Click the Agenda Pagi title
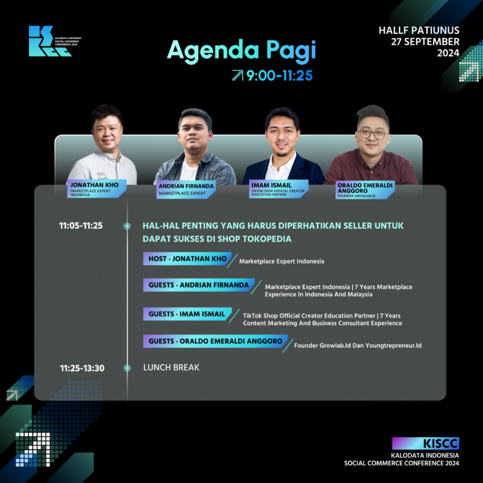[241, 50]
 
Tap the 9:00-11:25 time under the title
[279, 75]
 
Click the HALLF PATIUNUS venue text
[419, 30]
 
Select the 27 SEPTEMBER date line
[425, 42]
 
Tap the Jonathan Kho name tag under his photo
[96, 189]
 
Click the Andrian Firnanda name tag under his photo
[186, 189]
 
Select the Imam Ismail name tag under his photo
[279, 189]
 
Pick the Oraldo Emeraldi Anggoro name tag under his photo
[365, 190]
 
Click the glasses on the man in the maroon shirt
[372, 135]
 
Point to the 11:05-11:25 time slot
[80, 226]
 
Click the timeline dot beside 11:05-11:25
[127, 226]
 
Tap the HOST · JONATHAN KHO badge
[187, 258]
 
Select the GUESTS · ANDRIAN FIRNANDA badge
[199, 285]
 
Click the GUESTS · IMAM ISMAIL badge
[187, 314]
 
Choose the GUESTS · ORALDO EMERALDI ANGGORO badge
[215, 341]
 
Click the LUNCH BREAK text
[171, 367]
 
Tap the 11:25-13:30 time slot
[82, 368]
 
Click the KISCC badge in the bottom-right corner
[425, 443]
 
